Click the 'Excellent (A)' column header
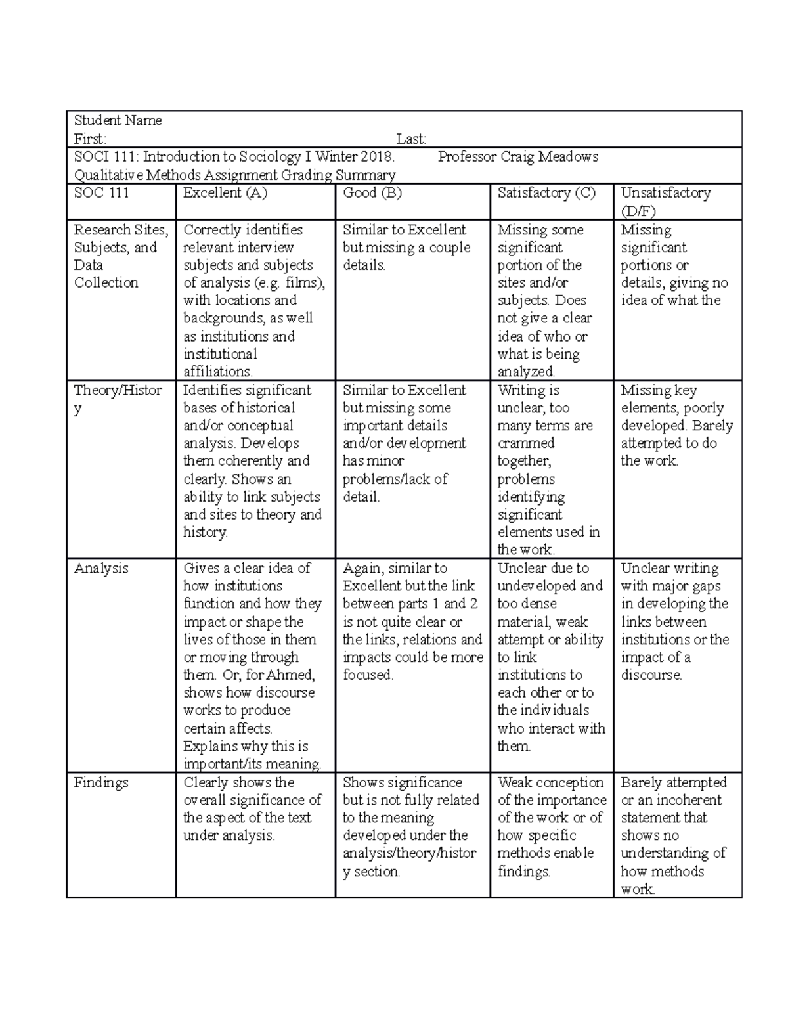[x=225, y=193]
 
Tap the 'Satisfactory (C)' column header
[x=546, y=193]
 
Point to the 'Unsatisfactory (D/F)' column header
[x=666, y=201]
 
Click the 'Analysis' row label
[x=101, y=569]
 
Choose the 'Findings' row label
[x=100, y=783]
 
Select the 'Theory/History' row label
[x=118, y=399]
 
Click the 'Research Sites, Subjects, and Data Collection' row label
[x=121, y=256]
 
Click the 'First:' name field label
[x=90, y=139]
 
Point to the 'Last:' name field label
[x=411, y=139]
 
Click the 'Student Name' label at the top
[x=118, y=121]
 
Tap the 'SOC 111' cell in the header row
[x=102, y=193]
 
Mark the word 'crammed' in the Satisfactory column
[x=526, y=443]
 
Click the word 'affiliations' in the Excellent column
[x=217, y=372]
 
